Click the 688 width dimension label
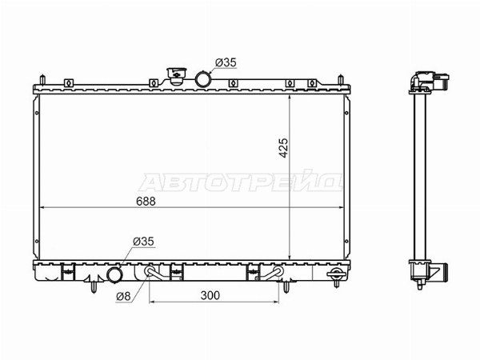[x=146, y=202]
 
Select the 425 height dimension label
[x=284, y=148]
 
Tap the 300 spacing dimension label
[x=210, y=295]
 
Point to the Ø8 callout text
[x=123, y=296]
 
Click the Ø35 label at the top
[x=226, y=62]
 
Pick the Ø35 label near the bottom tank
[x=143, y=242]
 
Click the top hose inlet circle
[x=203, y=79]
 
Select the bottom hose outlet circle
[x=114, y=275]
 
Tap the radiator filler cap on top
[x=177, y=76]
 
